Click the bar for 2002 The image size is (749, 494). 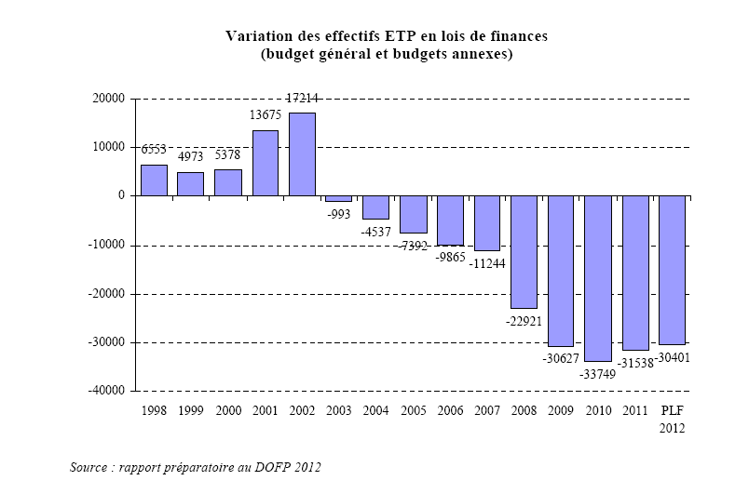coord(302,154)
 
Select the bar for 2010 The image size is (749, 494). coord(598,278)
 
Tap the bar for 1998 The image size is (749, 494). coord(154,180)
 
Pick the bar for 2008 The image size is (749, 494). coord(524,252)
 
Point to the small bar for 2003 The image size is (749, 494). coord(339,198)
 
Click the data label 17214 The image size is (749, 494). coord(302,97)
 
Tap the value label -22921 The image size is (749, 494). coord(524,321)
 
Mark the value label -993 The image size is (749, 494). coord(339,213)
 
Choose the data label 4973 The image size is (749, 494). coord(191,156)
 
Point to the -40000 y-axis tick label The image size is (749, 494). coord(108,392)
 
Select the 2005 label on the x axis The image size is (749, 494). coord(413,410)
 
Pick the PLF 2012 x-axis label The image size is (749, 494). coord(672,419)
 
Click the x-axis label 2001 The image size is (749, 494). coord(265,410)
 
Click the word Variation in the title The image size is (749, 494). coord(256,36)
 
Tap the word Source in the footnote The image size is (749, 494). coord(88,466)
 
